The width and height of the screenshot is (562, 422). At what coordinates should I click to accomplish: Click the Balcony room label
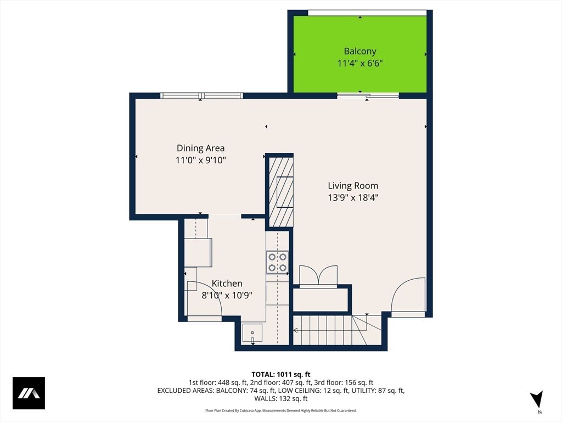click(359, 51)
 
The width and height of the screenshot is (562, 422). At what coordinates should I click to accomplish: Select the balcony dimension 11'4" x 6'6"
click(359, 63)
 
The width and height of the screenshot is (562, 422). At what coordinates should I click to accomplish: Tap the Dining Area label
click(200, 148)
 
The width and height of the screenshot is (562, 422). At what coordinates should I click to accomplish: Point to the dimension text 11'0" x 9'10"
click(200, 160)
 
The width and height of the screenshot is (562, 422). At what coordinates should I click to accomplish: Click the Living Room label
click(353, 186)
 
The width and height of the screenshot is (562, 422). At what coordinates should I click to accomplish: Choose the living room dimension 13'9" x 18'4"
click(353, 198)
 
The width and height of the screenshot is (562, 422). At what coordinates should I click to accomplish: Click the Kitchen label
click(227, 284)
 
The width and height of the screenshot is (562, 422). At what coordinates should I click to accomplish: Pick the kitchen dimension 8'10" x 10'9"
click(227, 295)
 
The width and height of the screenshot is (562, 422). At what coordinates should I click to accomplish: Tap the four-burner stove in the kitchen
click(277, 262)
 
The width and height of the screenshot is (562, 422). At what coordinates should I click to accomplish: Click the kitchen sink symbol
click(252, 332)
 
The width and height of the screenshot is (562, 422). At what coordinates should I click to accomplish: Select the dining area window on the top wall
click(201, 96)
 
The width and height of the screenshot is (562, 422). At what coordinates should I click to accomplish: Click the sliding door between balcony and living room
click(368, 96)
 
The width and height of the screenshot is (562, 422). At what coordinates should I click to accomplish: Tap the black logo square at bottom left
click(29, 393)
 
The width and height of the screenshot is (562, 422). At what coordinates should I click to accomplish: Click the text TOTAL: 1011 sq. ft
click(280, 374)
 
